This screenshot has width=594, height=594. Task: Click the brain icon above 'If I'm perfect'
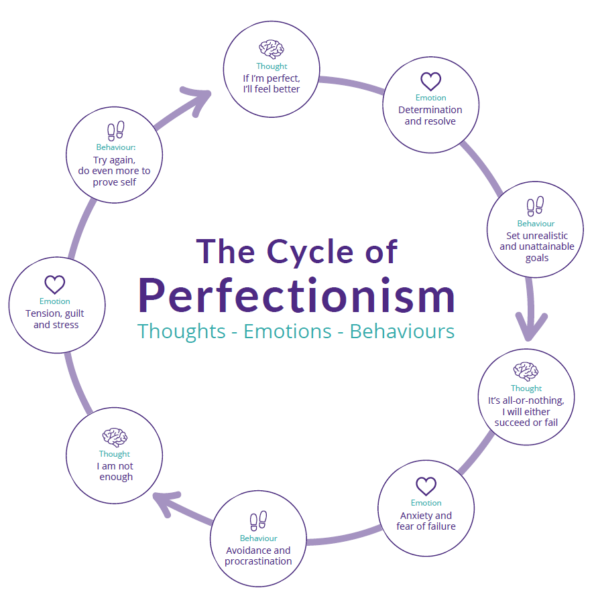click(272, 50)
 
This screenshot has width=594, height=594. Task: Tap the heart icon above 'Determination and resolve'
click(430, 82)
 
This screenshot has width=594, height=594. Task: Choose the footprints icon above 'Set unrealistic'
click(535, 206)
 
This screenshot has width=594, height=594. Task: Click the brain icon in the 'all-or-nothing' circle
click(526, 371)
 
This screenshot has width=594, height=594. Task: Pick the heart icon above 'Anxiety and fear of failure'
click(426, 486)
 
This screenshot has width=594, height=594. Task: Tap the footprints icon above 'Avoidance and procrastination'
click(258, 521)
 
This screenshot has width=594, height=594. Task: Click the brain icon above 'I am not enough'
click(115, 437)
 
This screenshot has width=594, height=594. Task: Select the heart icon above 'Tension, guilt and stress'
click(55, 284)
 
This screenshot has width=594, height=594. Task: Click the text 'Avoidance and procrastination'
click(258, 556)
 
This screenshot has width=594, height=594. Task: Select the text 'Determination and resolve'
click(430, 115)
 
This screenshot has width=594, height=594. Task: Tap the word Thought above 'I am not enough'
click(115, 454)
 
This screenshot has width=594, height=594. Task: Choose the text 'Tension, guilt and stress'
click(55, 319)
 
